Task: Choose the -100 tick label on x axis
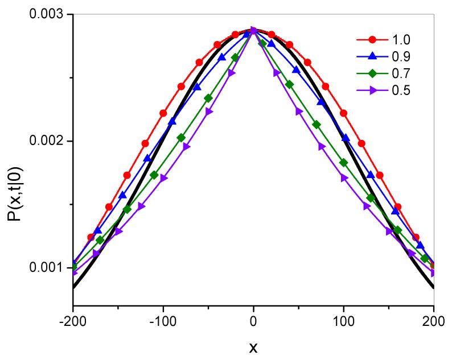point(163,320)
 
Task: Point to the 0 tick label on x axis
point(253,320)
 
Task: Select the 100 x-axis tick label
point(344,320)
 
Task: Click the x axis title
point(253,346)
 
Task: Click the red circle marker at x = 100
point(344,113)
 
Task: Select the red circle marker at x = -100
point(163,113)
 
